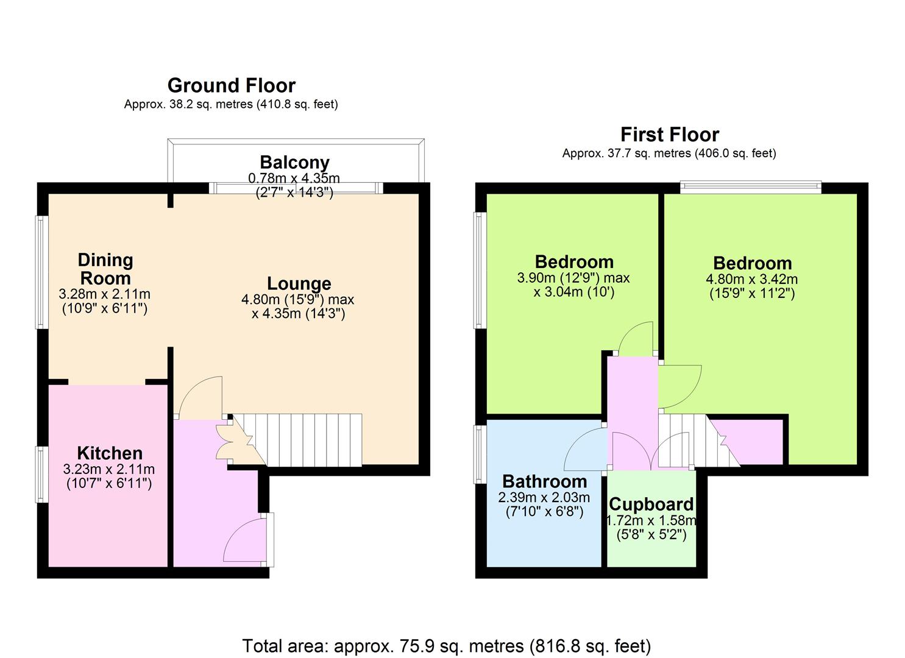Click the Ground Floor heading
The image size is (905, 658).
tap(232, 86)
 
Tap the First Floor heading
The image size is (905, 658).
tap(670, 135)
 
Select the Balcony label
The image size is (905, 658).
tap(294, 163)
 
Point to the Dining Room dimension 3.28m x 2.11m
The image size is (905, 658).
tap(105, 294)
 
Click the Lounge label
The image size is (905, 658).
tap(299, 283)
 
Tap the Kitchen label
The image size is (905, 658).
tap(110, 453)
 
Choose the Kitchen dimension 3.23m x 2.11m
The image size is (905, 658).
tap(109, 469)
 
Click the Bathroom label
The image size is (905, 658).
tap(545, 481)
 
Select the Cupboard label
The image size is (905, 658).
tap(651, 504)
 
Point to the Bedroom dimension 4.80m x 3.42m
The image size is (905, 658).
tap(752, 279)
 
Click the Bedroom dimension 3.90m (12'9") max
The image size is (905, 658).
tap(573, 278)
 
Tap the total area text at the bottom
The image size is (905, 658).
tap(447, 646)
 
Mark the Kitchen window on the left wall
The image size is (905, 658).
tap(41, 474)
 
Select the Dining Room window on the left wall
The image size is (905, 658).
tap(41, 272)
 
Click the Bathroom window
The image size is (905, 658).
tap(480, 454)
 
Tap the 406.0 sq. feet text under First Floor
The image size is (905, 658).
tap(734, 154)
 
